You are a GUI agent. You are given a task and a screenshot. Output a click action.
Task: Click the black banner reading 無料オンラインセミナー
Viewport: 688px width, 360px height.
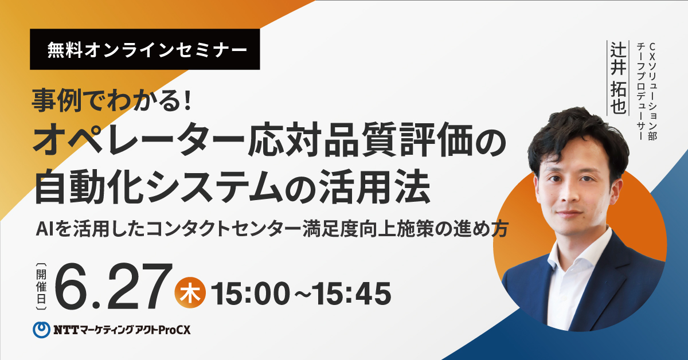(x=144, y=49)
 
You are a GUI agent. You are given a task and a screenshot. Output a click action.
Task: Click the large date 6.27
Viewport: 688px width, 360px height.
(x=113, y=286)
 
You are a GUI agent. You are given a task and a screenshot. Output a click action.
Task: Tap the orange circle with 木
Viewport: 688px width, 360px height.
(x=190, y=292)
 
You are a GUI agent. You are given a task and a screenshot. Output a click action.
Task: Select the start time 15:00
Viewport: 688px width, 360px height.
(x=251, y=294)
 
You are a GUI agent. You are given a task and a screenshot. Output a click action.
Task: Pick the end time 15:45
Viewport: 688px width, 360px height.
(x=352, y=294)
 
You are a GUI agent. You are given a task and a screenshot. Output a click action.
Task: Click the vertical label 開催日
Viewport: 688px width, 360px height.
(x=41, y=286)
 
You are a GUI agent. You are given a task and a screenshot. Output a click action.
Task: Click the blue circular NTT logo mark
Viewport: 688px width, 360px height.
(x=41, y=330)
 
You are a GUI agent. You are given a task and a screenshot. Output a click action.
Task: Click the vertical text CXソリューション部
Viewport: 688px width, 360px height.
(x=652, y=92)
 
